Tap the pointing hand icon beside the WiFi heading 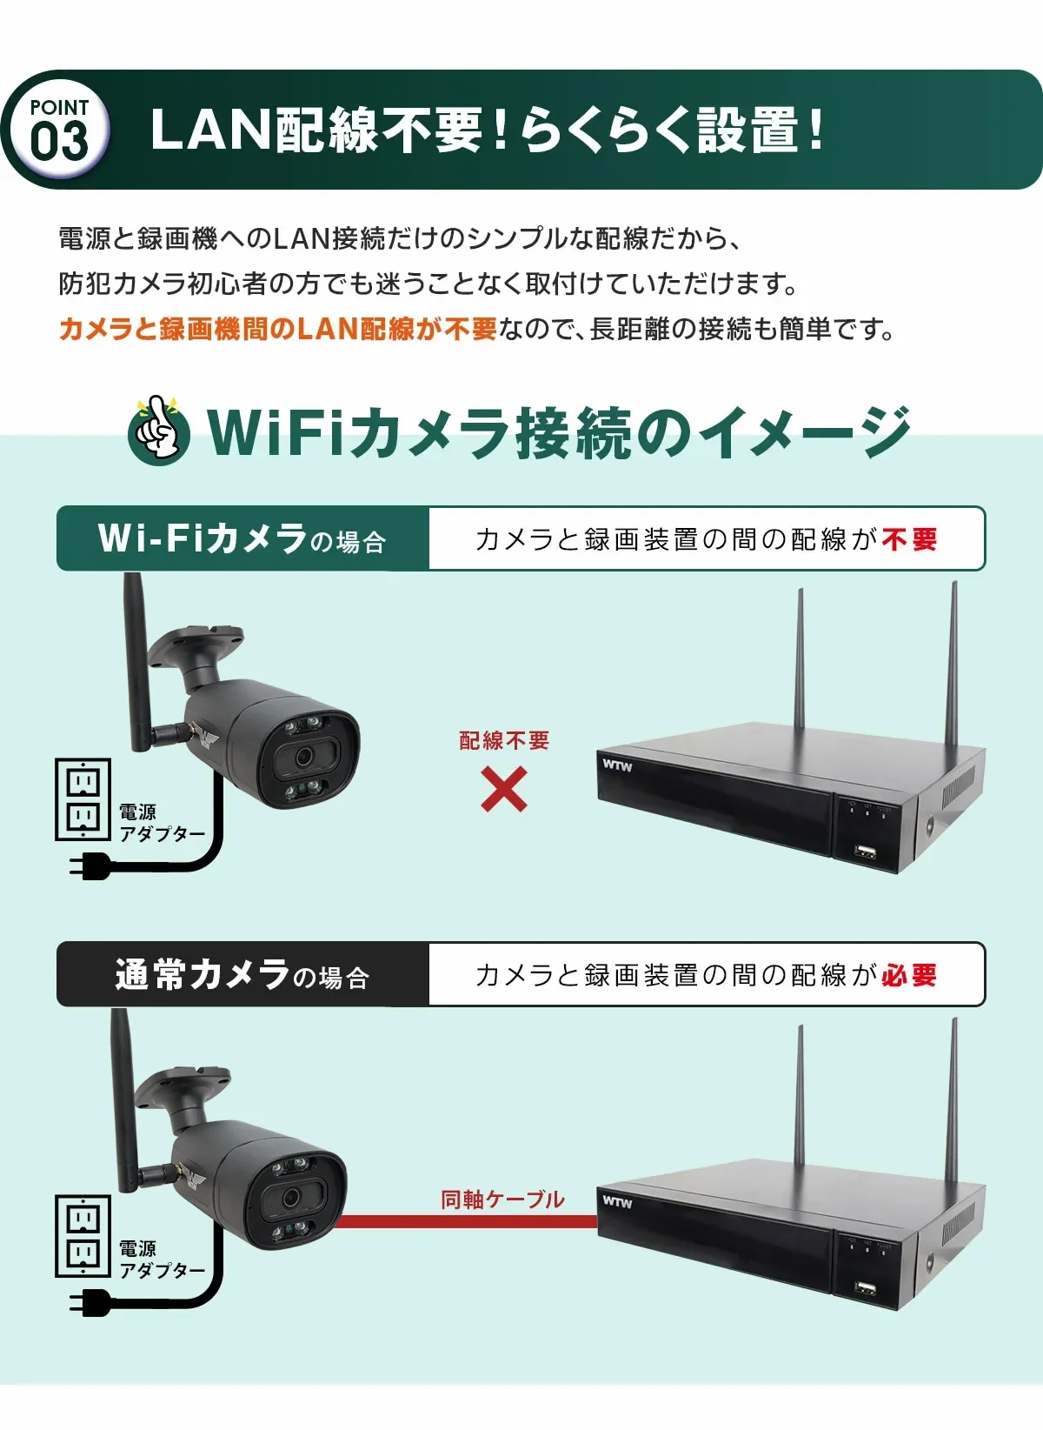coord(159,429)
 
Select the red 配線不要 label coord(504,741)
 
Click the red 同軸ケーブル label coord(502,1199)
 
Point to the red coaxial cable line coord(469,1221)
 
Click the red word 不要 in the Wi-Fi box coord(909,539)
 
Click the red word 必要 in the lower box coord(909,975)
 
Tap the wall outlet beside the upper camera coord(83,799)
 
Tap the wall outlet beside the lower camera coord(83,1235)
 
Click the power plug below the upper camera coord(90,866)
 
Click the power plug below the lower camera coord(90,1302)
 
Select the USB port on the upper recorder coord(865,852)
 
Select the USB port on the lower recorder coord(865,1288)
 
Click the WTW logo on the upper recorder coord(617,765)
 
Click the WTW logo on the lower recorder coord(617,1201)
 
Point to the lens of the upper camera coord(303,757)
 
